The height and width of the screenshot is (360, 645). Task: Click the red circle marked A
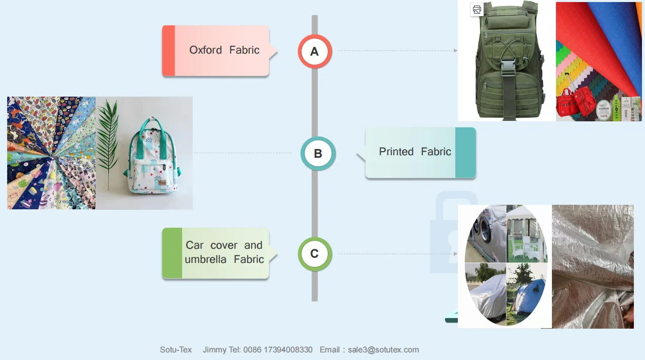click(x=315, y=51)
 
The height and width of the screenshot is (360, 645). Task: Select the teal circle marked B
click(x=318, y=153)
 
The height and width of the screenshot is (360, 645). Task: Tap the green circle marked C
click(x=315, y=254)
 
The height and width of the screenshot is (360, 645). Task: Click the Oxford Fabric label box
click(x=216, y=51)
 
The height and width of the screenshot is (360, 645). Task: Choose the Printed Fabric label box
click(x=420, y=152)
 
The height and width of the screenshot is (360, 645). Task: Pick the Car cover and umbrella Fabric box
click(x=216, y=253)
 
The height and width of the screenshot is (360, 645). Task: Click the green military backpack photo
click(x=507, y=61)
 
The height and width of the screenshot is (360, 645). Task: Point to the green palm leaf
click(x=109, y=137)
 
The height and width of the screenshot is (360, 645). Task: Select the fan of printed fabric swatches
click(x=51, y=153)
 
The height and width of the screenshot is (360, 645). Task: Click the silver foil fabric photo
click(x=592, y=266)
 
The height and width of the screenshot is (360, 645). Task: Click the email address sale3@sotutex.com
click(x=383, y=349)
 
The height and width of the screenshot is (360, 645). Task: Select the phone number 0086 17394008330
click(x=278, y=349)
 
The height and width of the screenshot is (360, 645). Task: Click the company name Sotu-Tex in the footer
click(x=176, y=349)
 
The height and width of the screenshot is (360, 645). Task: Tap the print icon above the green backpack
click(x=477, y=9)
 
